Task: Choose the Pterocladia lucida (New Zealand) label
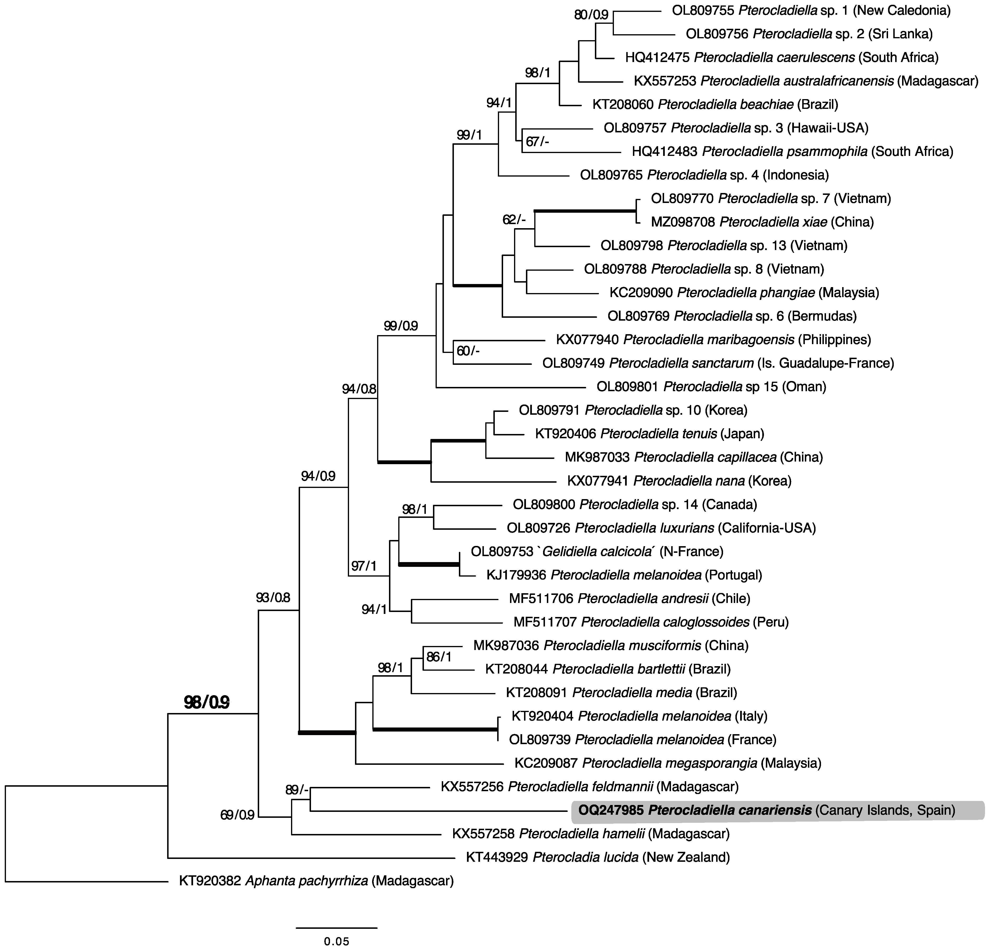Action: coord(598,857)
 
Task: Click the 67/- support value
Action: coord(538,142)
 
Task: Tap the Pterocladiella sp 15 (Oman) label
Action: coord(711,387)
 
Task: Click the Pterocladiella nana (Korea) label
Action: coord(679,481)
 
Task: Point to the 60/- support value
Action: coord(468,350)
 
